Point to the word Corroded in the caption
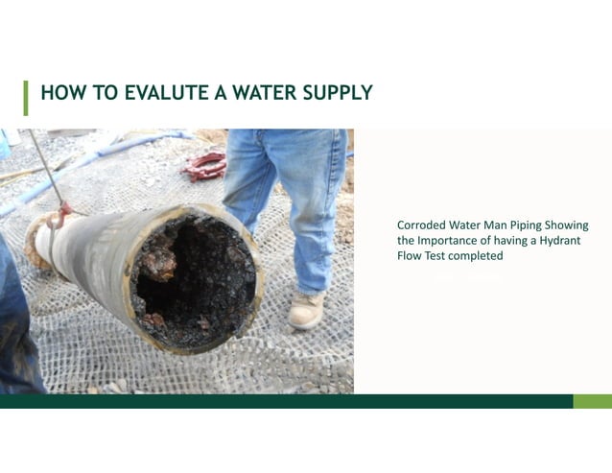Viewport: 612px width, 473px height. click(x=421, y=225)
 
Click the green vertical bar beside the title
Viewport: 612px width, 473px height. click(x=26, y=97)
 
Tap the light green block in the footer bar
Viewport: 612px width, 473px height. click(x=592, y=401)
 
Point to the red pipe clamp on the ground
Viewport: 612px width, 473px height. click(x=204, y=166)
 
